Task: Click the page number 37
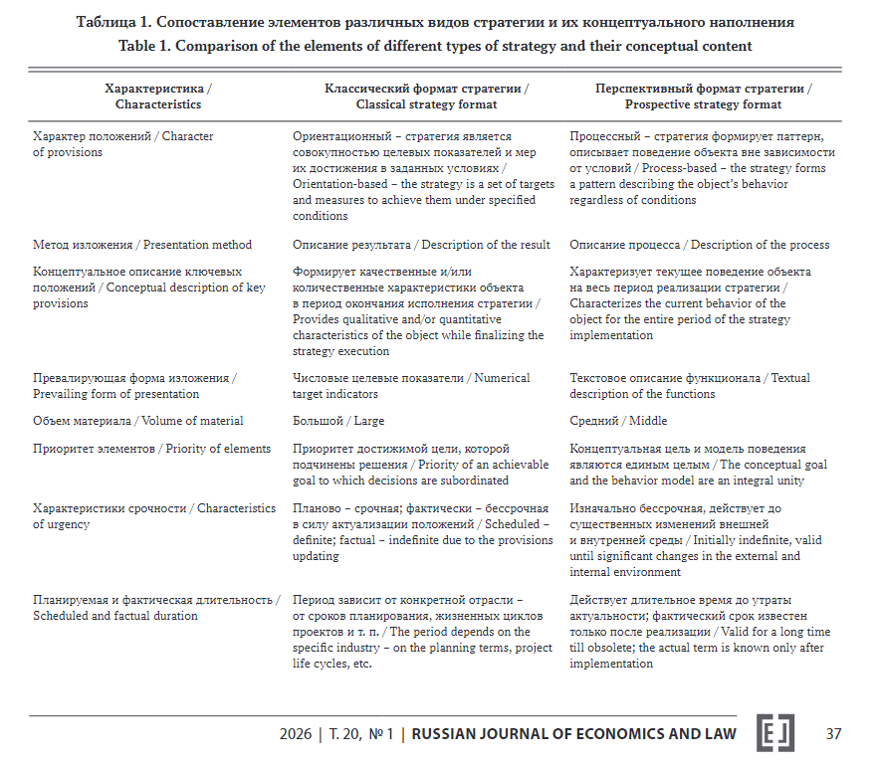(x=833, y=734)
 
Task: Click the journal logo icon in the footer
(x=775, y=733)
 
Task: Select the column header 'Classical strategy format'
(x=426, y=96)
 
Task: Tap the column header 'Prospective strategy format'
(x=703, y=96)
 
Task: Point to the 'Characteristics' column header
(x=157, y=96)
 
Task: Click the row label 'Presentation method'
(x=142, y=245)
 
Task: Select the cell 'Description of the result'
(x=421, y=245)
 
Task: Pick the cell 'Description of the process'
(x=699, y=245)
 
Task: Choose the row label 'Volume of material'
(x=137, y=421)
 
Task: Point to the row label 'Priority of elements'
(x=151, y=449)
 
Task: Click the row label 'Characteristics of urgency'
(x=153, y=516)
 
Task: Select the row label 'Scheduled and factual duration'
(x=155, y=608)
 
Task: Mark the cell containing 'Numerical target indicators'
(x=411, y=386)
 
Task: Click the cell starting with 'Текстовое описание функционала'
(x=689, y=386)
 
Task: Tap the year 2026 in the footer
(x=296, y=734)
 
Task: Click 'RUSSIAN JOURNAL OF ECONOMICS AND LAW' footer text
(x=573, y=734)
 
